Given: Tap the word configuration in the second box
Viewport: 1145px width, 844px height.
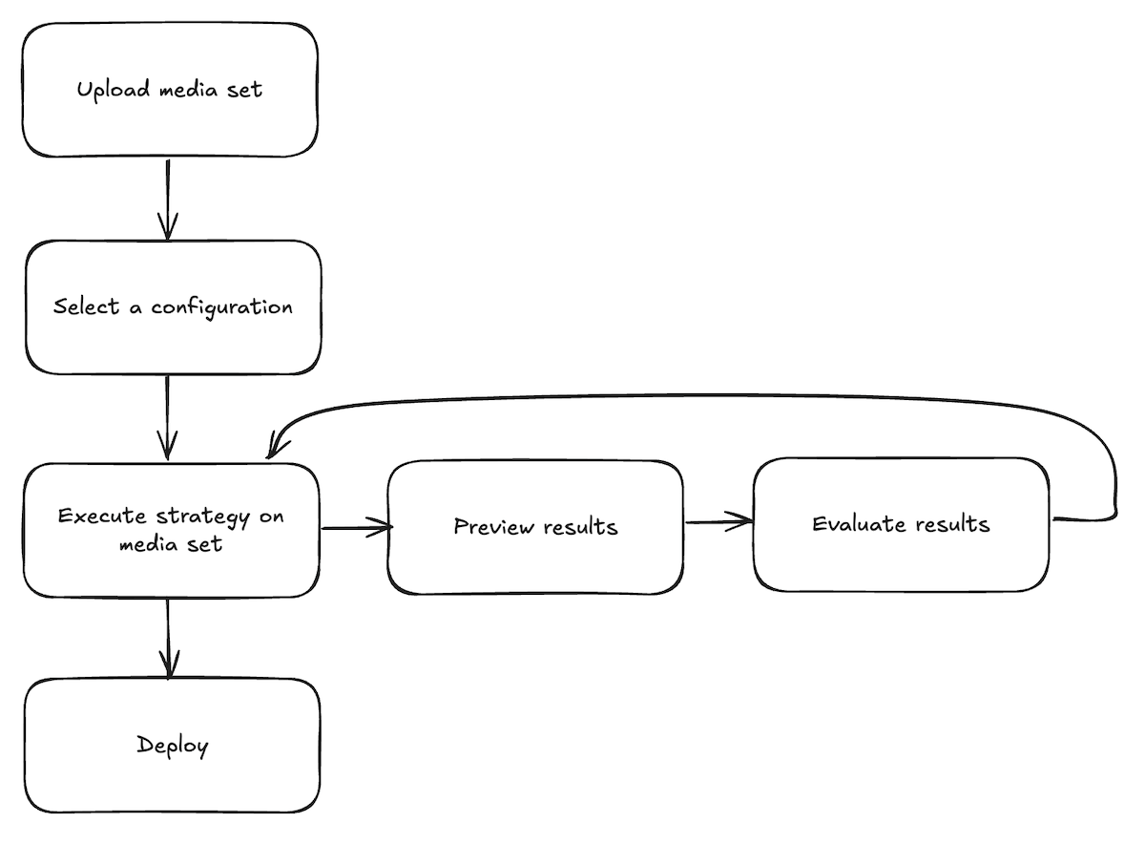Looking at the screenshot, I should pyautogui.click(x=221, y=307).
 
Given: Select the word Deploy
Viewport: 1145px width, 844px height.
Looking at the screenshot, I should pyautogui.click(x=172, y=746).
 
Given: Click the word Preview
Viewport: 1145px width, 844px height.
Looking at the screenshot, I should pyautogui.click(x=491, y=526).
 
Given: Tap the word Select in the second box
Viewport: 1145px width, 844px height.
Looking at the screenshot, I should pyautogui.click(x=87, y=306).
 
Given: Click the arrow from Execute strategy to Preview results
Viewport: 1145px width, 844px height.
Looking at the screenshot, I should pyautogui.click(x=357, y=526).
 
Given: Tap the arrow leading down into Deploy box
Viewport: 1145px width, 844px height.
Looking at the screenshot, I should pyautogui.click(x=169, y=638).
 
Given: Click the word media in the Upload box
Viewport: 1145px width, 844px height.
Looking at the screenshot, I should pyautogui.click(x=188, y=90).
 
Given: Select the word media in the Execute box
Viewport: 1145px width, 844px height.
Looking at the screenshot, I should pyautogui.click(x=145, y=545).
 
